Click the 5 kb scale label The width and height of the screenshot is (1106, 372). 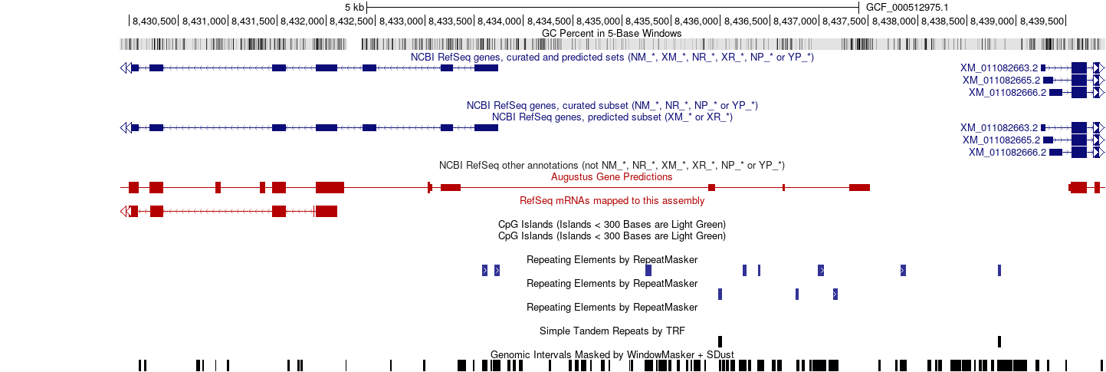point(354,8)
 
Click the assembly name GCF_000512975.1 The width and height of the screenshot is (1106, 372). point(907,8)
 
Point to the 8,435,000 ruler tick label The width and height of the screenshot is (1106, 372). point(597,21)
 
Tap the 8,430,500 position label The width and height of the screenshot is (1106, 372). point(154,21)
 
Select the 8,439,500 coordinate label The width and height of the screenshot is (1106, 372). point(1042,21)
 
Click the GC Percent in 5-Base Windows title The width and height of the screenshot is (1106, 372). point(612,34)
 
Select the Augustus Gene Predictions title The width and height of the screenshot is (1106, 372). point(612,177)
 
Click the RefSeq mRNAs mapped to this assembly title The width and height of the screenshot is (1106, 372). point(612,201)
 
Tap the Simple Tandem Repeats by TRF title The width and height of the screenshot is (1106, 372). point(612,331)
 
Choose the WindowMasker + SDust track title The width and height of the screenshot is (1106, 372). point(612,354)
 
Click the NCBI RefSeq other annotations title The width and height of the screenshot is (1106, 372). point(612,165)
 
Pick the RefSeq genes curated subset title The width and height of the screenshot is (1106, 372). point(612,105)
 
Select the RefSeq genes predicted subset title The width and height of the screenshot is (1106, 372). point(612,117)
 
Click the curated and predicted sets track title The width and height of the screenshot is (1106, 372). point(612,58)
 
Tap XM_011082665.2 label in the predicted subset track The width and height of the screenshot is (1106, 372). point(1001,140)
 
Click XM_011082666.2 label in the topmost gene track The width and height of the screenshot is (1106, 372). point(1007,92)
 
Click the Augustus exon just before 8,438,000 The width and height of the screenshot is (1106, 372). point(859,188)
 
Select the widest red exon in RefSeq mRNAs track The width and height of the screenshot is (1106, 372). point(326,212)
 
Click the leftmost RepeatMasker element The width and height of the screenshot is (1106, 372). point(485,270)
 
